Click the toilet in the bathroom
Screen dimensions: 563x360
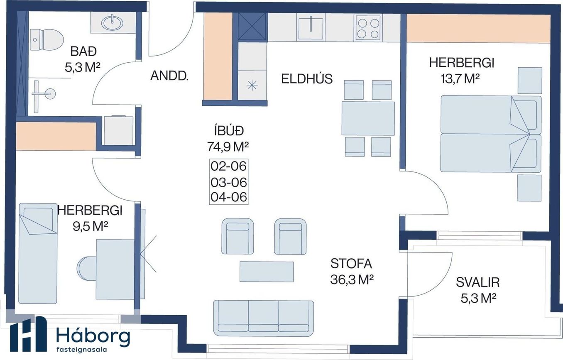[x=46, y=39]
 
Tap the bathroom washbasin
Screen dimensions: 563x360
[x=113, y=22]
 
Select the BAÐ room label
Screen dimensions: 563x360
[x=83, y=51]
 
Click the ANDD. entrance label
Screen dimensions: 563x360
[x=169, y=76]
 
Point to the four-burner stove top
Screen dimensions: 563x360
[x=368, y=27]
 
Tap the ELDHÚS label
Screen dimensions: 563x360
[x=307, y=79]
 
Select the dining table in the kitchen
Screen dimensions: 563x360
[x=368, y=118]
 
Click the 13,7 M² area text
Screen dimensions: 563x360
[x=460, y=79]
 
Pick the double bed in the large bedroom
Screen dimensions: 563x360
[x=491, y=134]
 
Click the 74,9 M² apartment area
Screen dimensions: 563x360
[x=228, y=147]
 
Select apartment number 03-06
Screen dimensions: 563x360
[x=228, y=182]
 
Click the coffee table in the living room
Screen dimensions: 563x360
[x=267, y=272]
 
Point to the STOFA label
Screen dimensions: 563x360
[x=351, y=264]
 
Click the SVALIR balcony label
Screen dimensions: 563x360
[x=478, y=282]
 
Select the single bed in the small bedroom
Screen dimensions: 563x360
[x=38, y=253]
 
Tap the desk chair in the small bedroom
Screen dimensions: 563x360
[x=86, y=268]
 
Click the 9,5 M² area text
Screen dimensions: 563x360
[x=90, y=227]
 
